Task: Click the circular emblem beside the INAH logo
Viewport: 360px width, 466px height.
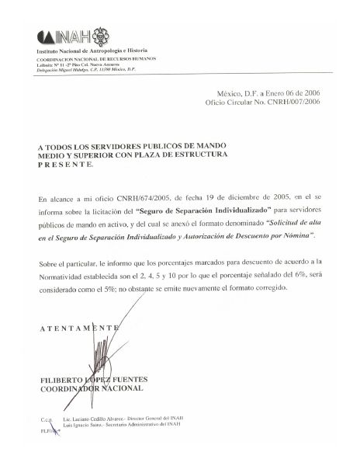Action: click(101, 36)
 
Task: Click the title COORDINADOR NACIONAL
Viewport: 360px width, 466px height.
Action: click(91, 388)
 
